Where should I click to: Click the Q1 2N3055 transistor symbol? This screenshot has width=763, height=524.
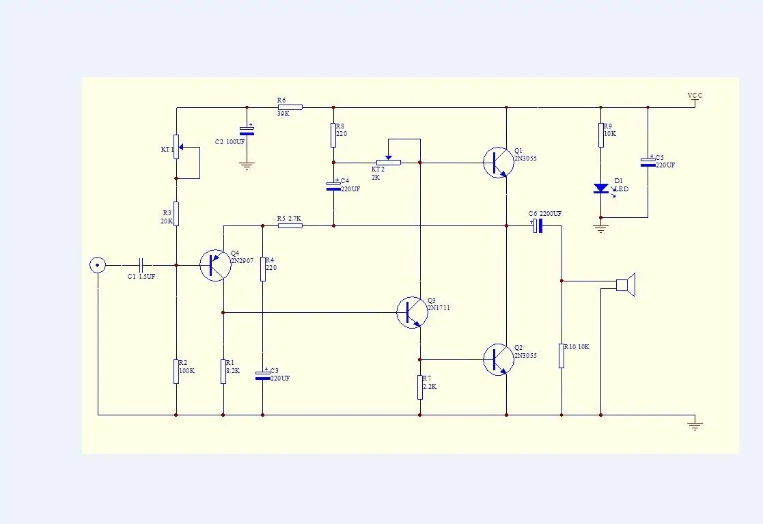tap(497, 163)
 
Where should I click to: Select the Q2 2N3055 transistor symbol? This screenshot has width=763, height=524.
tap(497, 359)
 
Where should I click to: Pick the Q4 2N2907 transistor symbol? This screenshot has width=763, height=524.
tap(215, 264)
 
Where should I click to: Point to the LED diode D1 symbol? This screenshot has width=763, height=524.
tap(601, 188)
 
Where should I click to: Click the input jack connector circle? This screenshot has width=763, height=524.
tap(98, 264)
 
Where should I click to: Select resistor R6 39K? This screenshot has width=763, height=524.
tap(290, 107)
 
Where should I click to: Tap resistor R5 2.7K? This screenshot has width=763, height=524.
tap(290, 225)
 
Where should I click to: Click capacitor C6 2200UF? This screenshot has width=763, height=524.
tap(538, 225)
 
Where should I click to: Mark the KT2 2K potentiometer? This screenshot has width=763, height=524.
tap(388, 163)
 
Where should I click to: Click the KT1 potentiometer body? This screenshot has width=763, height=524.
tap(176, 146)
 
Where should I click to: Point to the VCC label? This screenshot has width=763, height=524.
tap(695, 96)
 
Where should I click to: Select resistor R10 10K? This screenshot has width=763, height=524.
tap(561, 355)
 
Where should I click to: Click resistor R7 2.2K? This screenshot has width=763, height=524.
tap(420, 387)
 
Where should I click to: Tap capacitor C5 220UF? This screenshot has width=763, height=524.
tap(648, 163)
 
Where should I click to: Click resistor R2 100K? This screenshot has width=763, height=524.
tap(176, 371)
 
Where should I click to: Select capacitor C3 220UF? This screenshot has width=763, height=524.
tap(262, 375)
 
